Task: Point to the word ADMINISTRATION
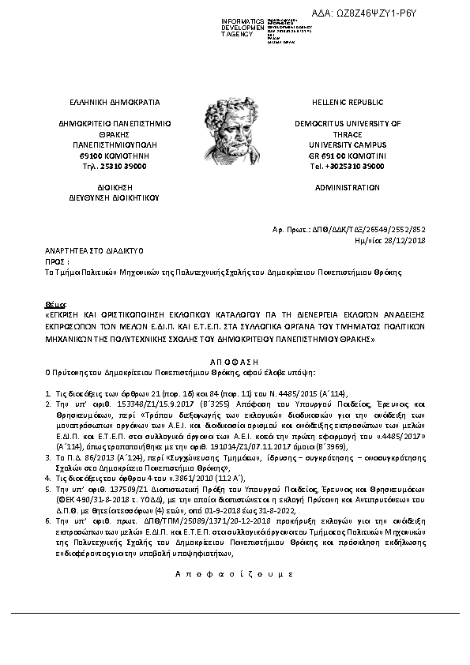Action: (347, 188)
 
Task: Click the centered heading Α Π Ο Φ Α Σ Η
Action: (235, 358)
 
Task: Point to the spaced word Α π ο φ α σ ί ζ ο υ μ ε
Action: (235, 572)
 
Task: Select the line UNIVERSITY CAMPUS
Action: (347, 145)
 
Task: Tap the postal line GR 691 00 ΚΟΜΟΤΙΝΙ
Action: (347, 156)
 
